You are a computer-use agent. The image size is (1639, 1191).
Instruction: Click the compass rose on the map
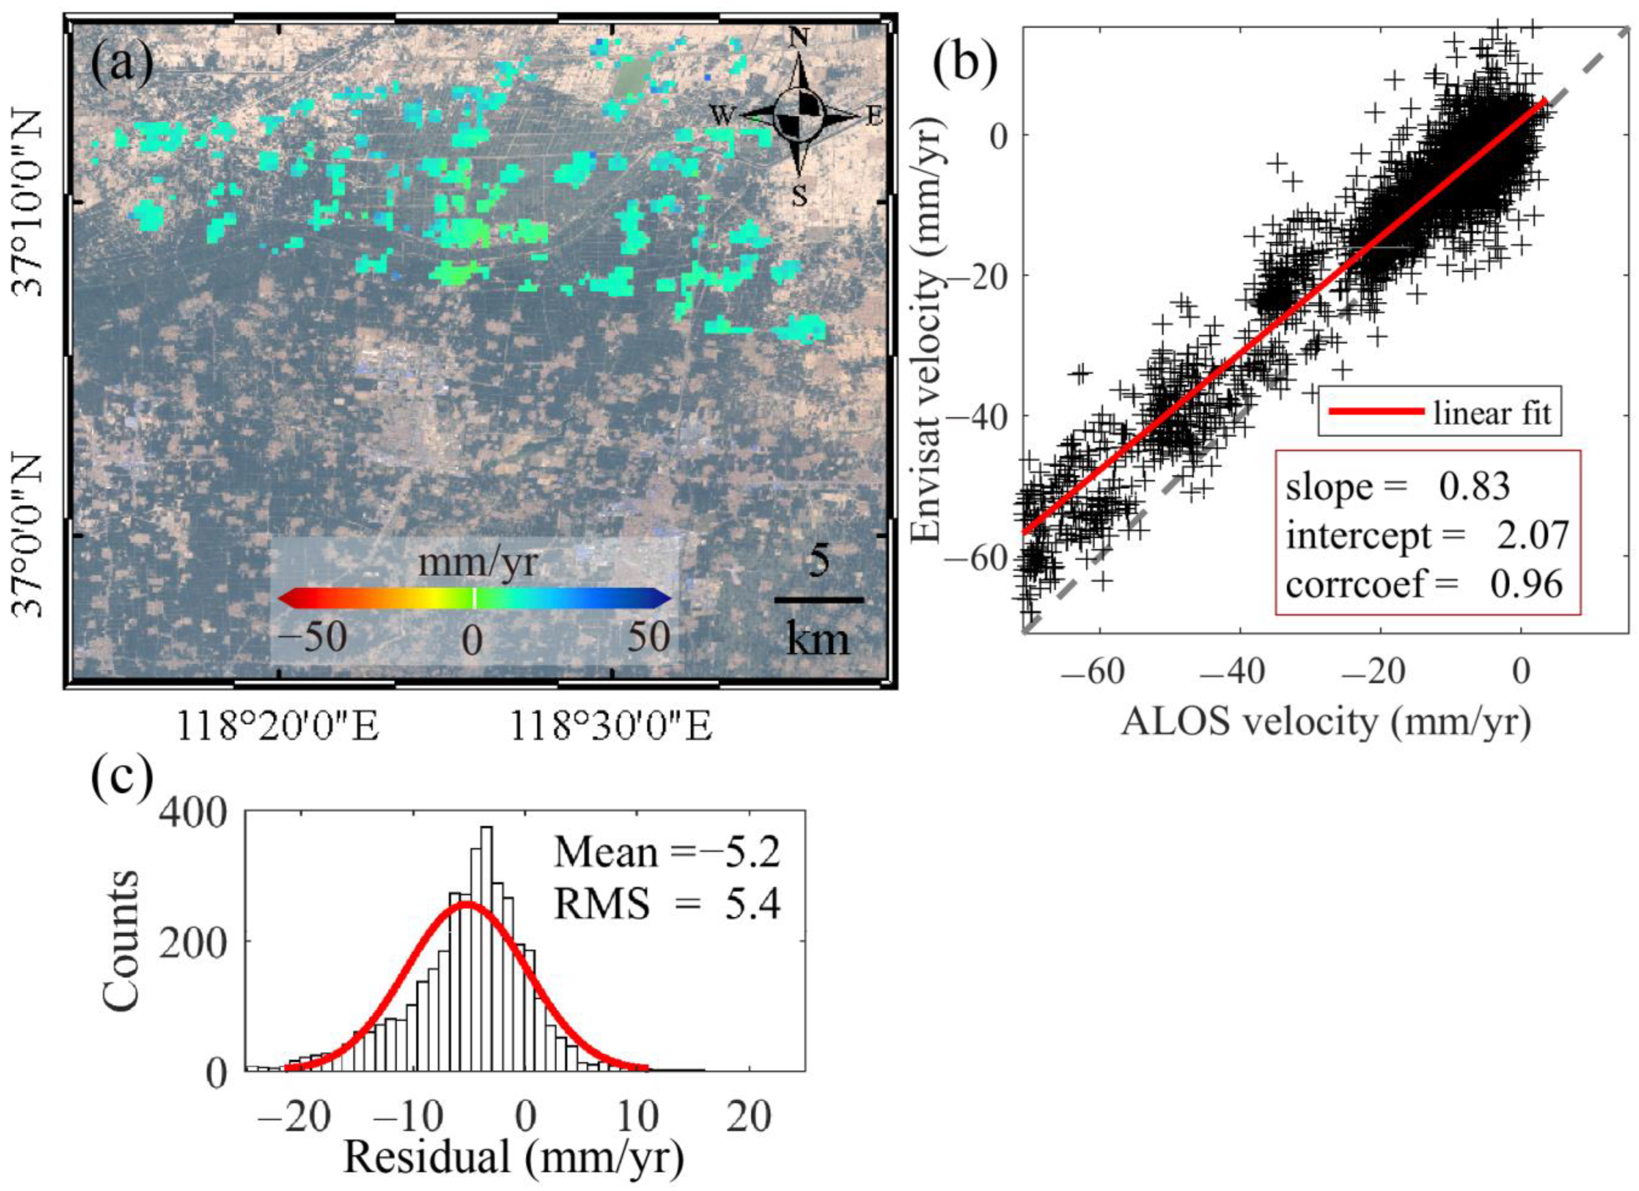[799, 116]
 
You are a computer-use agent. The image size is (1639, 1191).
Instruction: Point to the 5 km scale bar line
[819, 600]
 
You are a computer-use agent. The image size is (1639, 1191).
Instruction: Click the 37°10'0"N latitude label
[29, 202]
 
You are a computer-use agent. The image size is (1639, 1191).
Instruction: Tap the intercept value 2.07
[1532, 536]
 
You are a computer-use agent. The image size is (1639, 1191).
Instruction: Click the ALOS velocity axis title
[1326, 723]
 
